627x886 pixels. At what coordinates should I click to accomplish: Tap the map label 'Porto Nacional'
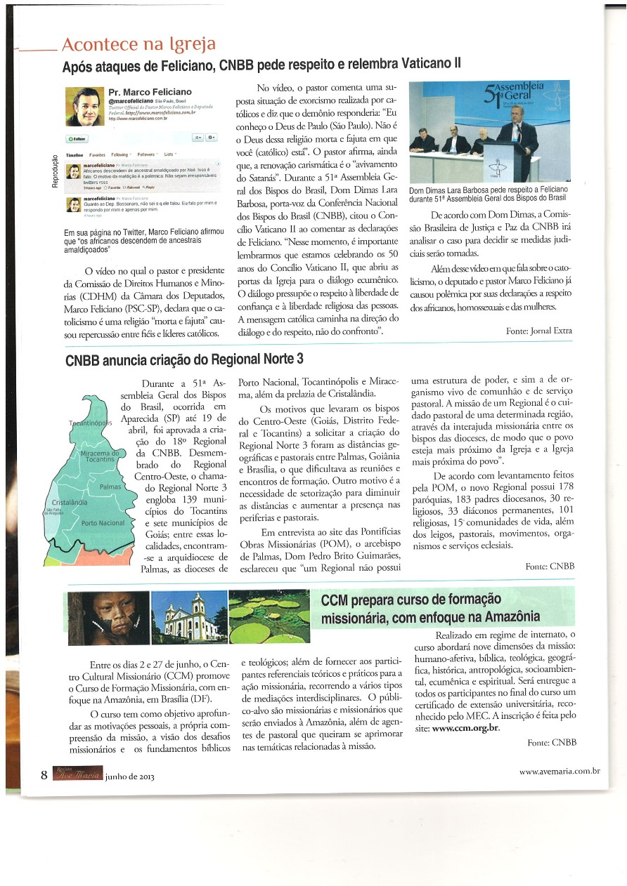pos(103,523)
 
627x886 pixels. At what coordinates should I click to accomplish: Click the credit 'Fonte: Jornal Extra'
pos(539,330)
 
